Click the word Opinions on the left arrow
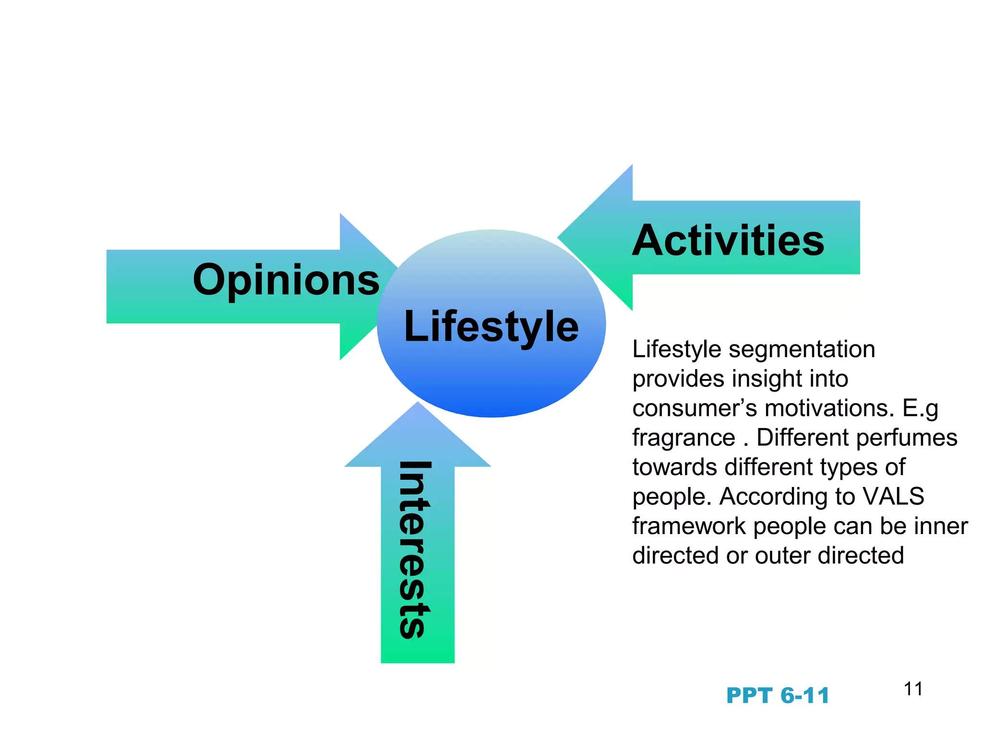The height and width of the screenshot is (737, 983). (286, 281)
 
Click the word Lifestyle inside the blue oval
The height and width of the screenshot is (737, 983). (491, 326)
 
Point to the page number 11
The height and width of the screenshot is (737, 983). (913, 689)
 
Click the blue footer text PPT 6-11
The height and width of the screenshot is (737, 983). (778, 696)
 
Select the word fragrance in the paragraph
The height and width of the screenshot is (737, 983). (683, 438)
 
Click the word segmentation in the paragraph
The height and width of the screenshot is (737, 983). (802, 349)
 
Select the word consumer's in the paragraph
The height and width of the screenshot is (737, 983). (694, 408)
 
